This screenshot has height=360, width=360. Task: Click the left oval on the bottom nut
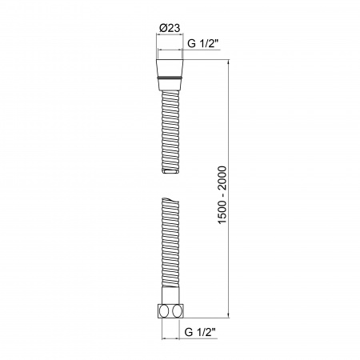tap(164, 310)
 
